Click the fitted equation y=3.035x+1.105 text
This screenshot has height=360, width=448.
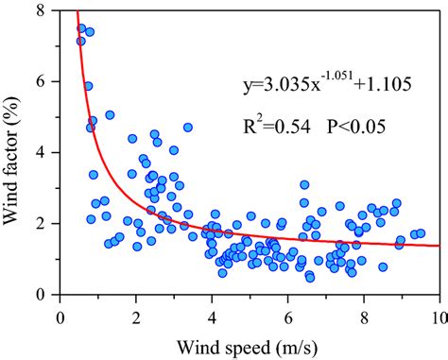pos(320,87)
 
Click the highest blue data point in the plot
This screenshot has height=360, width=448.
pos(81,28)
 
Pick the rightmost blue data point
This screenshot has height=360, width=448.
pos(421,233)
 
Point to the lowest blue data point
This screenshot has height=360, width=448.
pos(309,277)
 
